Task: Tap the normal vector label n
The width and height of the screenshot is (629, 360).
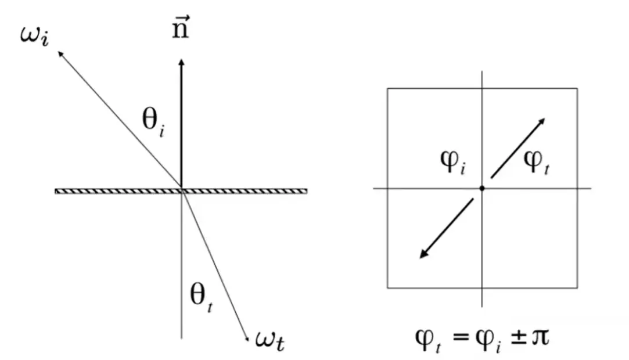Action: [180, 27]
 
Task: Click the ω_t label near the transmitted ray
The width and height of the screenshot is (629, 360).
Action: [270, 341]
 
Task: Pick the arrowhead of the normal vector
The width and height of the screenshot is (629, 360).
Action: [181, 62]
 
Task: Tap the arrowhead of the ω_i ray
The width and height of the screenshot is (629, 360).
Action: [60, 54]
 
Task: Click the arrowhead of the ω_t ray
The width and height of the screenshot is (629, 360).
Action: [247, 339]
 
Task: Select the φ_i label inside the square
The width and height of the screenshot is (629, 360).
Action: [453, 163]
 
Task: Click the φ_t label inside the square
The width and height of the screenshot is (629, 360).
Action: [536, 163]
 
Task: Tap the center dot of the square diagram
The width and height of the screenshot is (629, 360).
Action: [482, 188]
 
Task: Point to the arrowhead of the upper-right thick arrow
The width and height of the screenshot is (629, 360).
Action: [541, 121]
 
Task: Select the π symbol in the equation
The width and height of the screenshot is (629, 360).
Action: [540, 337]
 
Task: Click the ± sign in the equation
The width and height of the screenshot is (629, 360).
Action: [518, 337]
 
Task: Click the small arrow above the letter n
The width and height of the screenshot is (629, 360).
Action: [181, 18]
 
